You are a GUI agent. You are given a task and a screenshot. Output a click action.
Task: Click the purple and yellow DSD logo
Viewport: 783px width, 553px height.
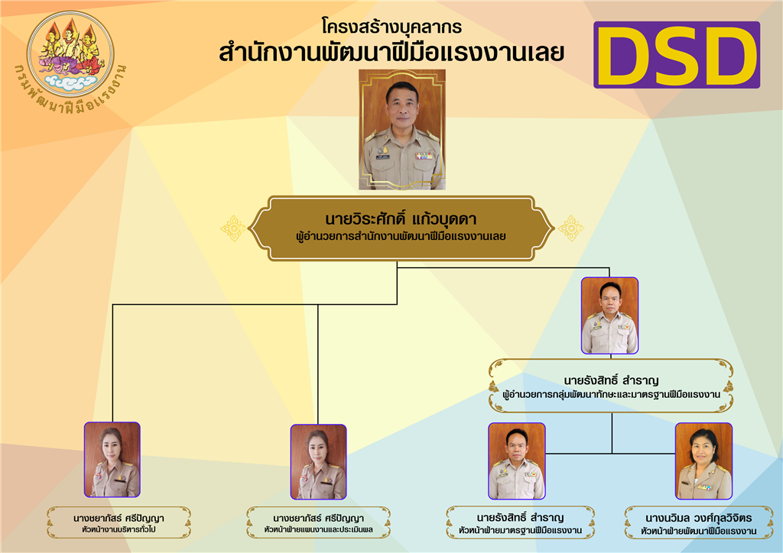677,55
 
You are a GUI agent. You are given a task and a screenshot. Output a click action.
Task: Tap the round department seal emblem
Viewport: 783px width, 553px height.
70,54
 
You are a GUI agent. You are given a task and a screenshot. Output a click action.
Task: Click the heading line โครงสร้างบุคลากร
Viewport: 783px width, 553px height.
391,27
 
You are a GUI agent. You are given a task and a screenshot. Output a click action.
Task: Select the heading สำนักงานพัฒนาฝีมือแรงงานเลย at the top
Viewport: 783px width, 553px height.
391,53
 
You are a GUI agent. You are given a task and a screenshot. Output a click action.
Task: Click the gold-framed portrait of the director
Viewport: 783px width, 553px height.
402,130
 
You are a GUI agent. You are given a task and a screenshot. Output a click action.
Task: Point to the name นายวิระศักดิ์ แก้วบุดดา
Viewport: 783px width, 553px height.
401,219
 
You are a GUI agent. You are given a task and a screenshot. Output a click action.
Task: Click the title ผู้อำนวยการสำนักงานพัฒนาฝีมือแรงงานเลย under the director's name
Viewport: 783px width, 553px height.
401,236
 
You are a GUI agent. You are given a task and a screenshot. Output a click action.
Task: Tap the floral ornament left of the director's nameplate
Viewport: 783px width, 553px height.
233,228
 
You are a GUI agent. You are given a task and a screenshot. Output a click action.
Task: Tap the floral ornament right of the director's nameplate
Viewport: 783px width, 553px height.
570,228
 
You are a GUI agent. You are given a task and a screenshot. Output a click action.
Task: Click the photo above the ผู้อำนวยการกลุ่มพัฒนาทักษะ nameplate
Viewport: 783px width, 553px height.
609,315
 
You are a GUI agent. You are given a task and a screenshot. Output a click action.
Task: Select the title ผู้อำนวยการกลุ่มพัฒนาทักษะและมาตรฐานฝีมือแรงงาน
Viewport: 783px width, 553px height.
611,395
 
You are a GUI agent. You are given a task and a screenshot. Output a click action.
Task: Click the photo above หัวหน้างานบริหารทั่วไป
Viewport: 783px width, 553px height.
112,460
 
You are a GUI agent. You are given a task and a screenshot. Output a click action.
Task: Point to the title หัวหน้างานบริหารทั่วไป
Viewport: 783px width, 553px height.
119,529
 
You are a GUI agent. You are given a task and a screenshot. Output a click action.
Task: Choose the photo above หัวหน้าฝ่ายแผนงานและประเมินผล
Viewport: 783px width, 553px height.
319,462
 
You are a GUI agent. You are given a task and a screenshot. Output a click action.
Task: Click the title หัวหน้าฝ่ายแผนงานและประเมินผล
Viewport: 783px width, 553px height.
319,529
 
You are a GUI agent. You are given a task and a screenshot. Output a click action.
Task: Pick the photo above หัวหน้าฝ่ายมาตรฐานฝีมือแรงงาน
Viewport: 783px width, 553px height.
517,461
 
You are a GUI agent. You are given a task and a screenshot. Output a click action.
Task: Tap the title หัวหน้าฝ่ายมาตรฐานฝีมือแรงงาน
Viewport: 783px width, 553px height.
520,531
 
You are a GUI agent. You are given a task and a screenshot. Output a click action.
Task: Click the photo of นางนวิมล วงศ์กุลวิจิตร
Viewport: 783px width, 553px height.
703,461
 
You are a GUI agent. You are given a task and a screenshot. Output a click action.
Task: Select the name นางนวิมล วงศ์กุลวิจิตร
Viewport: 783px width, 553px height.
699,518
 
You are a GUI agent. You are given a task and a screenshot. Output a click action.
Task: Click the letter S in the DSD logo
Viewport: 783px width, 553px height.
676,55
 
